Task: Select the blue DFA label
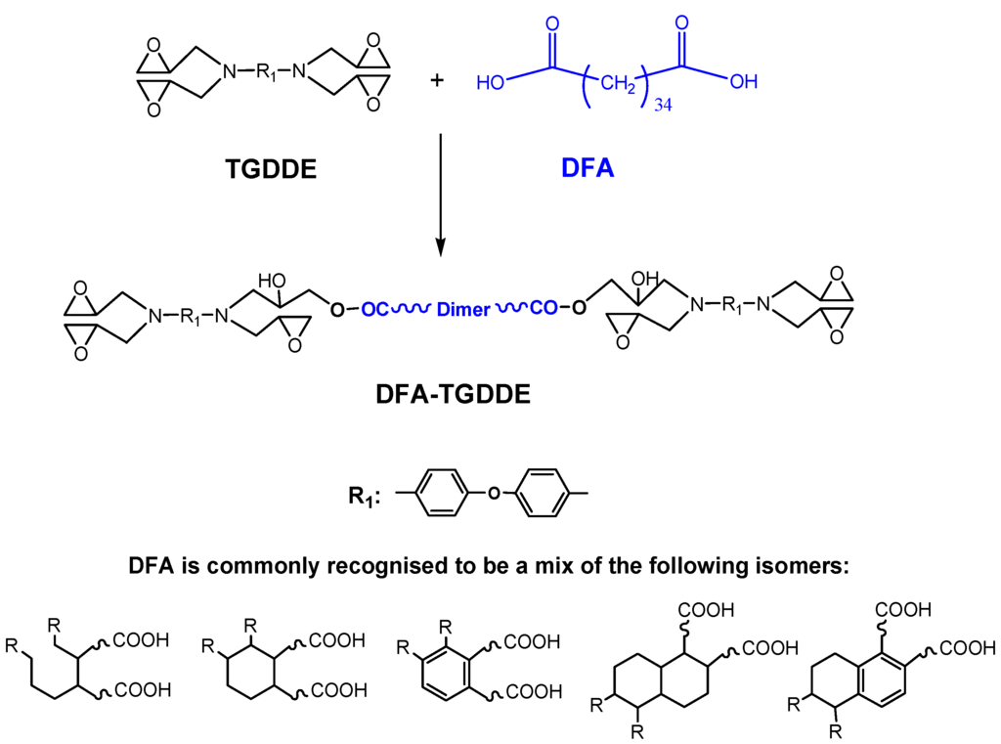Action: [588, 169]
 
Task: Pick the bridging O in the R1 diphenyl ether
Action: [493, 493]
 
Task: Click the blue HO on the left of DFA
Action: [490, 82]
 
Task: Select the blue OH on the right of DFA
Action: [743, 82]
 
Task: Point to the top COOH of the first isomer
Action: [142, 640]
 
